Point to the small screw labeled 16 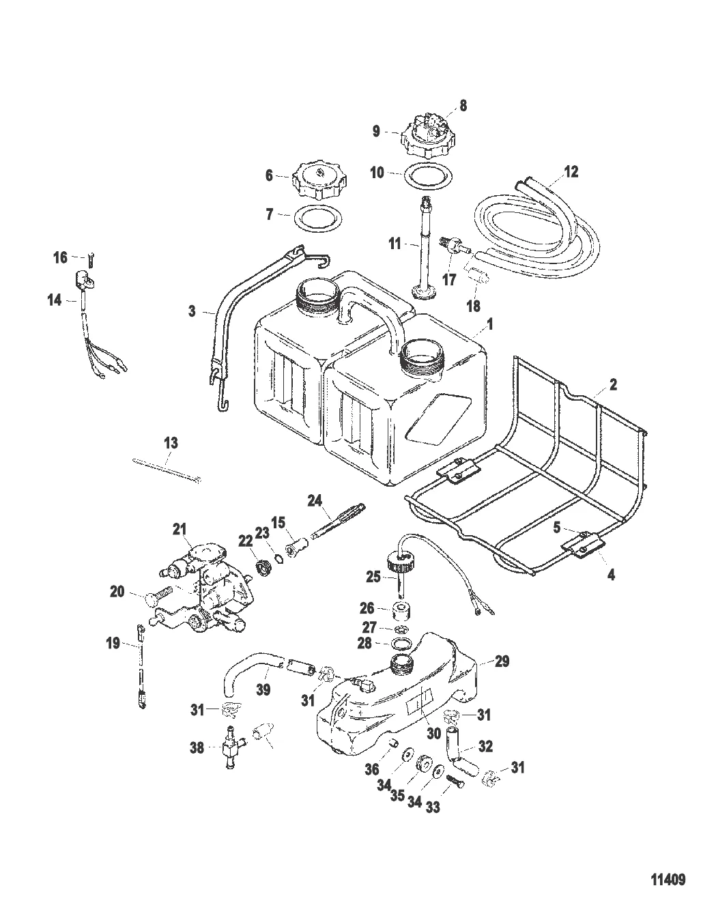[90, 257]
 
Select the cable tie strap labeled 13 [167, 470]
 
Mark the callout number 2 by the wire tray [613, 384]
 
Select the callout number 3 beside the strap [192, 312]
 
